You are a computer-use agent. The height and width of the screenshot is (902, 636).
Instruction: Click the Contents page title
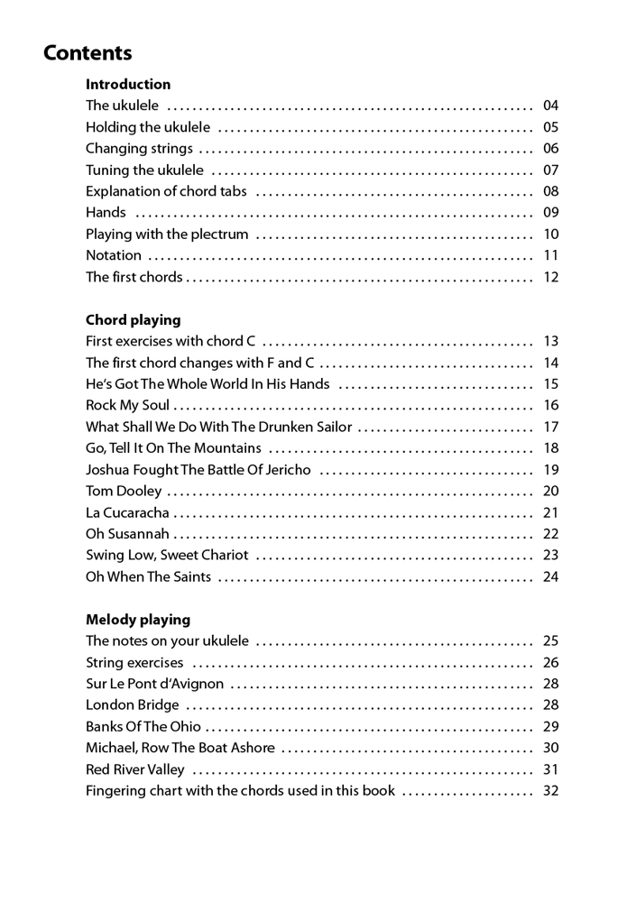88,52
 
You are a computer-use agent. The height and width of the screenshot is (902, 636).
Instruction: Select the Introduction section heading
128,84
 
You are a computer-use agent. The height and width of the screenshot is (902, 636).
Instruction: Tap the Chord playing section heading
133,319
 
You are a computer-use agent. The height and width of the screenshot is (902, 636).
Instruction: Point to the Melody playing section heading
138,619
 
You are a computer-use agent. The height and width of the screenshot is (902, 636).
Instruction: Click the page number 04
551,106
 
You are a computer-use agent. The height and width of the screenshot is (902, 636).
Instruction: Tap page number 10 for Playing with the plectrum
551,235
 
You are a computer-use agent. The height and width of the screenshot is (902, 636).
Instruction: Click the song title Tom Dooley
124,491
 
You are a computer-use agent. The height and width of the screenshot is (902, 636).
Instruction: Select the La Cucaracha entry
127,512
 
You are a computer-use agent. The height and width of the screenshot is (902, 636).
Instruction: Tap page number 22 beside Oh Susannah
551,534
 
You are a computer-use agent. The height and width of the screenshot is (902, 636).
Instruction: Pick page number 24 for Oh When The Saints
551,576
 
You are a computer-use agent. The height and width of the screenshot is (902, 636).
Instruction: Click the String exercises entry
134,662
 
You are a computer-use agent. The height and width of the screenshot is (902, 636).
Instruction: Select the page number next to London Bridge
551,705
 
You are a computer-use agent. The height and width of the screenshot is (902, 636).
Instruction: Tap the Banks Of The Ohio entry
143,726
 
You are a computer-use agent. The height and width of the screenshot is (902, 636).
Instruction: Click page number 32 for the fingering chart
551,791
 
